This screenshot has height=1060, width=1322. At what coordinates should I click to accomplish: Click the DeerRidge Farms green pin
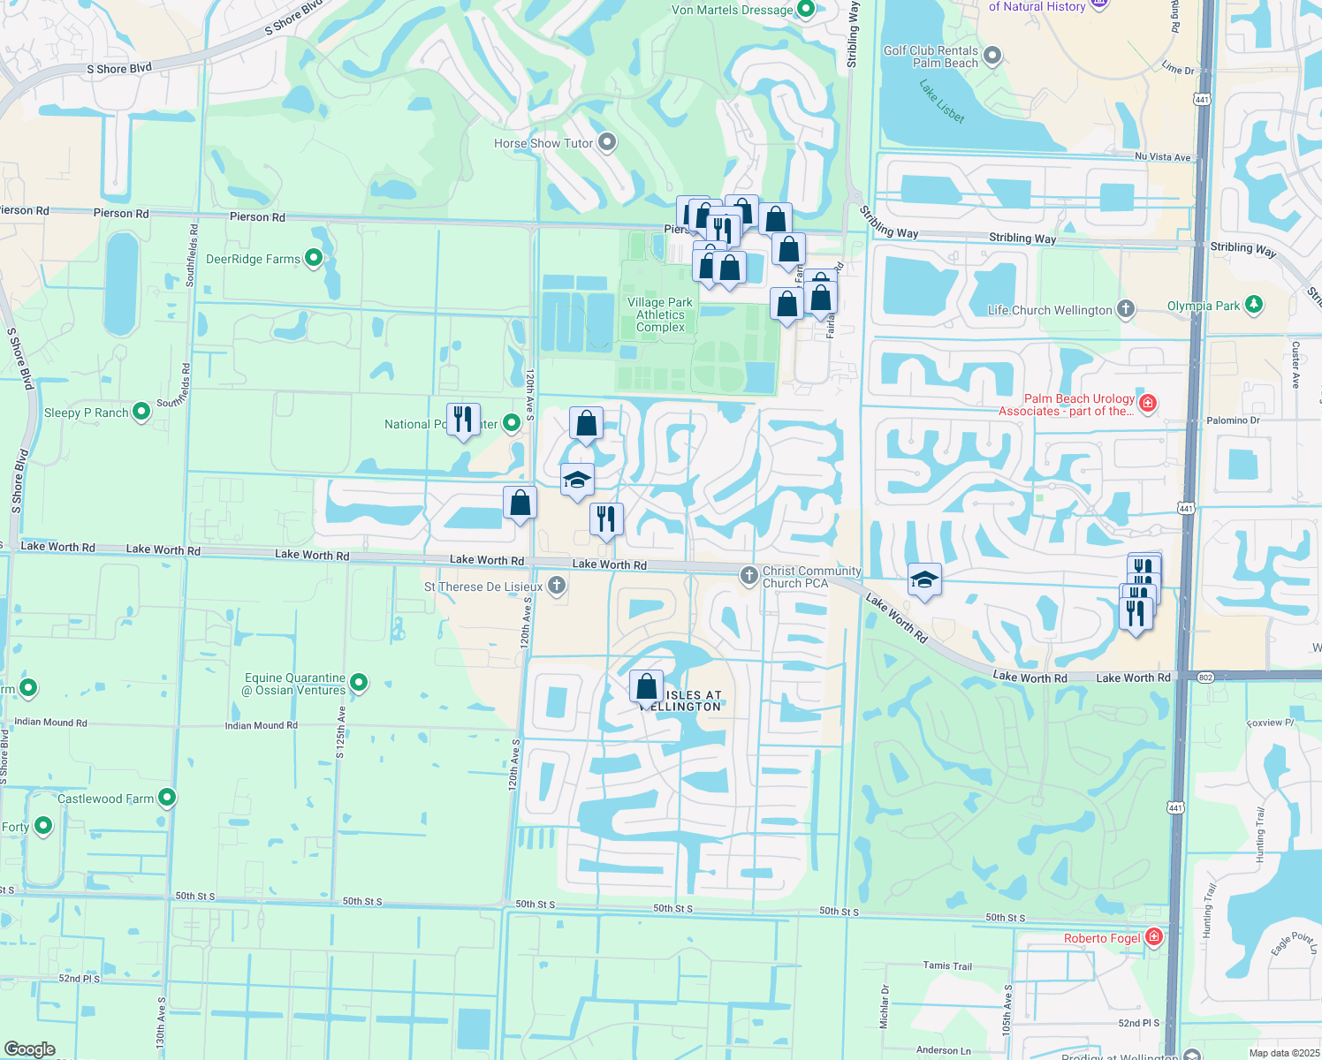click(314, 258)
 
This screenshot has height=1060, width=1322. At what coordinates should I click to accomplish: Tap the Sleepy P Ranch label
click(87, 413)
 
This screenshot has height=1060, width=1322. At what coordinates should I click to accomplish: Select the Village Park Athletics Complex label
click(660, 314)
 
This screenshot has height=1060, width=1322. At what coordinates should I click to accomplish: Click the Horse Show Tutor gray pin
click(606, 142)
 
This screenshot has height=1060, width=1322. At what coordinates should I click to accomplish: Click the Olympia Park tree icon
click(1253, 305)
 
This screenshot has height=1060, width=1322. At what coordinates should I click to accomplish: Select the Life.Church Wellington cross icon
click(1125, 309)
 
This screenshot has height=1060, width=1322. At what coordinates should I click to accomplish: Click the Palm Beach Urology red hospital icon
click(1147, 404)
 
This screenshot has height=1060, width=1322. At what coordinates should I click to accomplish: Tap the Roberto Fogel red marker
click(1153, 937)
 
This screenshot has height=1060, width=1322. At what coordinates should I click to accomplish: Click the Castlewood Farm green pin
click(166, 798)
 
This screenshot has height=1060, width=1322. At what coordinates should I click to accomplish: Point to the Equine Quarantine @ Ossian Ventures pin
click(358, 682)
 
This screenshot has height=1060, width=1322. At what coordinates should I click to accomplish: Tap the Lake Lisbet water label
click(942, 102)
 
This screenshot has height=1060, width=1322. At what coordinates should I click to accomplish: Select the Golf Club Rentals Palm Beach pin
click(992, 56)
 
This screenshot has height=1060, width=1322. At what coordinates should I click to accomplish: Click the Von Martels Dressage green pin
click(805, 9)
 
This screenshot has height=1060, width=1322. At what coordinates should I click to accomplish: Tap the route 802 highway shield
click(1206, 677)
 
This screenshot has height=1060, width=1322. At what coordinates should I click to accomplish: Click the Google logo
click(29, 1049)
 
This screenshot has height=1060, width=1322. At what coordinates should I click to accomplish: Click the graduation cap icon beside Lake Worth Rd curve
click(923, 580)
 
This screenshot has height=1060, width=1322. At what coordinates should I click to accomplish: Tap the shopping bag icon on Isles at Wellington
click(646, 686)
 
